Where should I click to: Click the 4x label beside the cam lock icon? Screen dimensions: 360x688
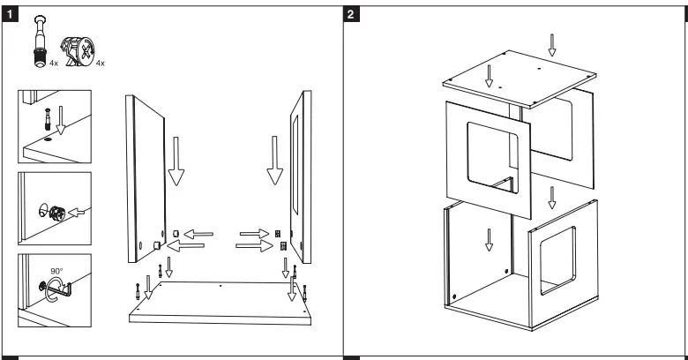pyautogui.click(x=100, y=63)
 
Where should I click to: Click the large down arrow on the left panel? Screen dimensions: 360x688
pyautogui.click(x=176, y=159)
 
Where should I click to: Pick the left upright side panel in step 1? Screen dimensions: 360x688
pyautogui.click(x=148, y=176)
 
